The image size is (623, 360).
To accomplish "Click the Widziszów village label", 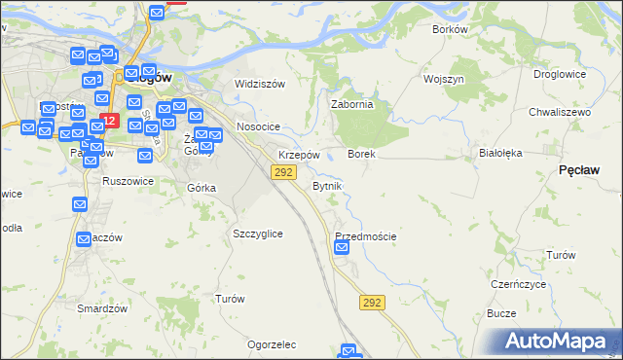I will point(260,84).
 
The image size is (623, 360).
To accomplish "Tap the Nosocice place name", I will point(259,127).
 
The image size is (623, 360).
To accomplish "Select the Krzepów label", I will point(299,156).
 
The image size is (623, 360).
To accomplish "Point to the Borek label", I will point(361,155).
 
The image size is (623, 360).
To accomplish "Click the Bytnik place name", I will point(326,185).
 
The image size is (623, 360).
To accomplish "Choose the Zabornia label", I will point(352,105).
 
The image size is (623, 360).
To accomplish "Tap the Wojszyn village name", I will point(443,78).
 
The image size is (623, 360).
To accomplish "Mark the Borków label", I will point(451,29).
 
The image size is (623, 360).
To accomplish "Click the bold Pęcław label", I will point(579,169).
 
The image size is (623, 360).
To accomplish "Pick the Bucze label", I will point(500,314).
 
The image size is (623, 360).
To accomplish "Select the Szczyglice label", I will point(258,234).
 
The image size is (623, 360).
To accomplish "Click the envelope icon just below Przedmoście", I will point(342,248).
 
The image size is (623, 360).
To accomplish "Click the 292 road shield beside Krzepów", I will point(283,172).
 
